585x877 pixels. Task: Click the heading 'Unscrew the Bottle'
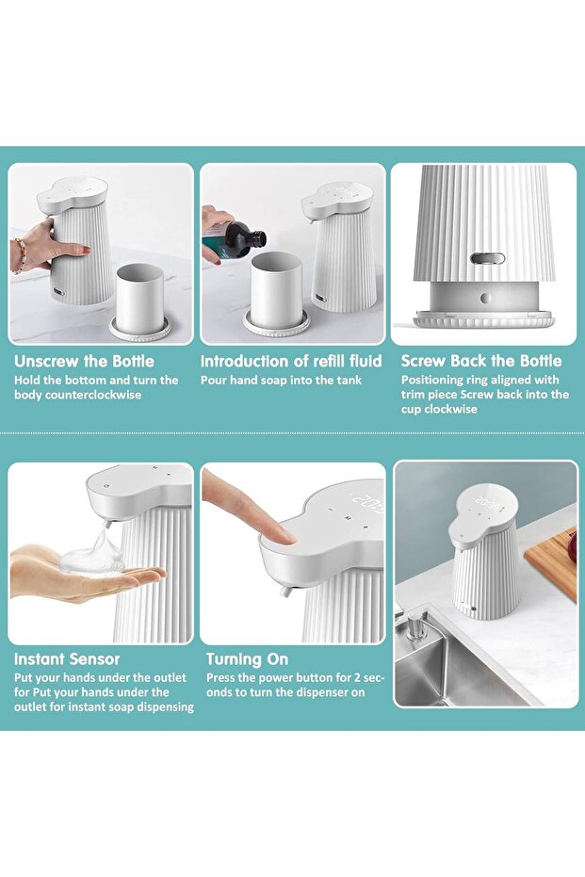tap(84, 361)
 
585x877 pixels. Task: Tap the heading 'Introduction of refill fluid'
tap(291, 361)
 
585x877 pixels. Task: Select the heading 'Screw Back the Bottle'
tap(481, 361)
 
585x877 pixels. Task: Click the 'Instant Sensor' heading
tap(67, 658)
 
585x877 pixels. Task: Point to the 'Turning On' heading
tap(247, 658)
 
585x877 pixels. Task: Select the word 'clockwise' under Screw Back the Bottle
tap(448, 410)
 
